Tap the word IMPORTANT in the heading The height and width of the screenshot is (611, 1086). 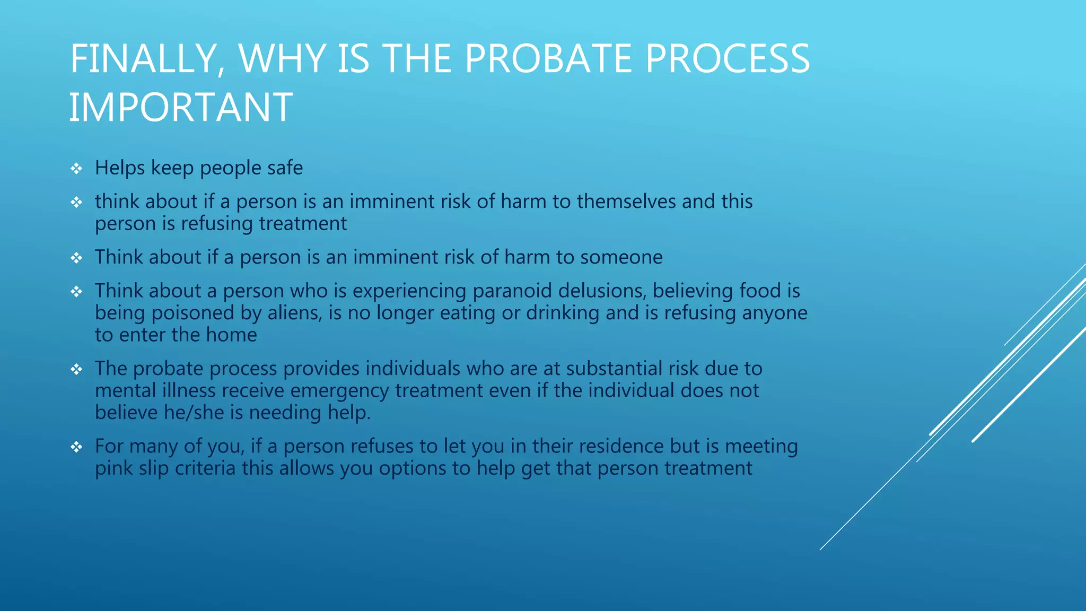point(181,108)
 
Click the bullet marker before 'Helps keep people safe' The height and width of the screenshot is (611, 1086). point(77,169)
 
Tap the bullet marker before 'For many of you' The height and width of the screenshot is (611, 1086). point(77,447)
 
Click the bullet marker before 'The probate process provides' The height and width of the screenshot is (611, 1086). point(77,369)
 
